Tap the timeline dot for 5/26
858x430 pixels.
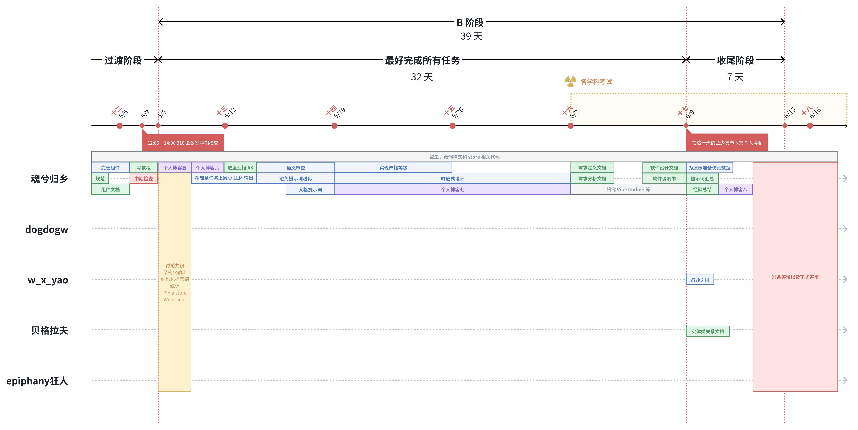[x=452, y=126]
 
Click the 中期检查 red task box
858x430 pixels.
[x=144, y=179]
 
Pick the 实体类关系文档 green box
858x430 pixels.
[x=707, y=331]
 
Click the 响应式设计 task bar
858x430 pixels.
[x=452, y=179]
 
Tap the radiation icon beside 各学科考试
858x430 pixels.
[x=570, y=81]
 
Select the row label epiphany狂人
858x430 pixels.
[x=37, y=381]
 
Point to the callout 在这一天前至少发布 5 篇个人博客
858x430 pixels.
[x=727, y=143]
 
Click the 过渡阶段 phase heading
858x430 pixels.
[x=123, y=60]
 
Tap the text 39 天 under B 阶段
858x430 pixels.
[x=471, y=36]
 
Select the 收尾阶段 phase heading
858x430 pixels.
[x=735, y=60]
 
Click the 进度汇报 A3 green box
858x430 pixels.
[x=240, y=168]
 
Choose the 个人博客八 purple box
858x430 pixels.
[x=735, y=189]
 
